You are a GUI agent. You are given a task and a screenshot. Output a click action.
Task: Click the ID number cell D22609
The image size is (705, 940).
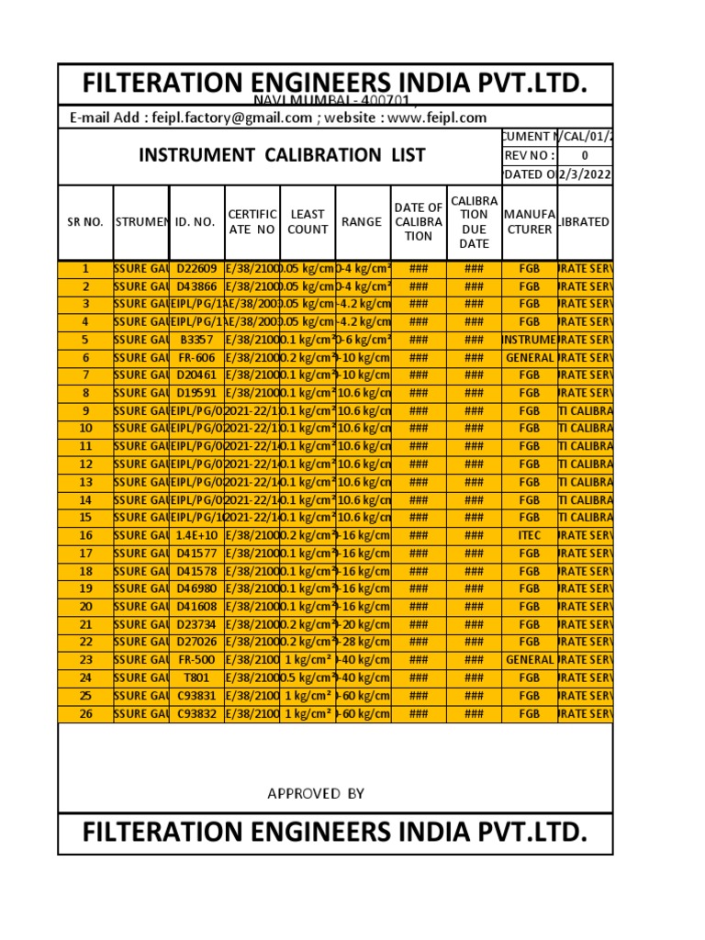pos(196,269)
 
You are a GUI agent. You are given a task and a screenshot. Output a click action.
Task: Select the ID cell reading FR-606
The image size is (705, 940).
pos(196,358)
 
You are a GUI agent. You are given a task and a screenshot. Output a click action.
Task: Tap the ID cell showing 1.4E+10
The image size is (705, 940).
pos(196,535)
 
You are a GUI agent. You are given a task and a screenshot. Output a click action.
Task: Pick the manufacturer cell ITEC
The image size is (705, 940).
pos(529,535)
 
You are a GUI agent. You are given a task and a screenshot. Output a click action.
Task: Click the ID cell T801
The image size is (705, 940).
pos(196,677)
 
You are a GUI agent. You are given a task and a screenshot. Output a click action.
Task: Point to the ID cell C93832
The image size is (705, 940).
pos(196,713)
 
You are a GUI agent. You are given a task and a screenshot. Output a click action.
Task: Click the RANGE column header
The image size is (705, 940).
pos(362,222)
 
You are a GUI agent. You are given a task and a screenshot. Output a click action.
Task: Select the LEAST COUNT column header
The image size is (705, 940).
pos(308,222)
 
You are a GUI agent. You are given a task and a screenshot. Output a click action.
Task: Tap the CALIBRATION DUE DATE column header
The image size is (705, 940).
pos(474,222)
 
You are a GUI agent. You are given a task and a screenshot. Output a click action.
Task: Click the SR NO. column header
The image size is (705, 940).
pos(85,222)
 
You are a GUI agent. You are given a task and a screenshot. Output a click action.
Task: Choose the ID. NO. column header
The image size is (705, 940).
pos(195,222)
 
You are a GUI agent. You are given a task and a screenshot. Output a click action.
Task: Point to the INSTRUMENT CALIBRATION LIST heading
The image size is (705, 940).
pos(282,155)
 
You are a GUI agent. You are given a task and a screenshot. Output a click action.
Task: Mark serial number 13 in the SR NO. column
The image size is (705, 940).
pos(85,482)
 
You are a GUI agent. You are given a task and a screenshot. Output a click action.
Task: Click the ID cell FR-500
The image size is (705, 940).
pos(196,660)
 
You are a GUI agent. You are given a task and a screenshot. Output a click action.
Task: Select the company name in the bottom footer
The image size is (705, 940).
pos(334,833)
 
